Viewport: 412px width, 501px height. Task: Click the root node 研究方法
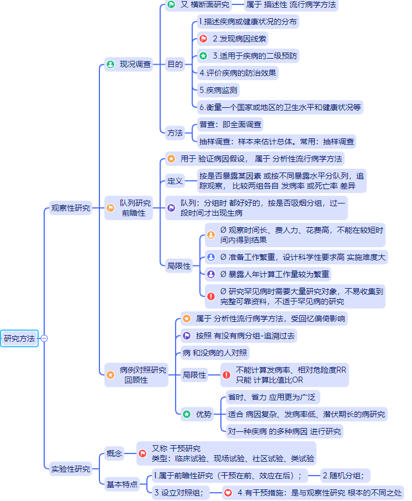pyautogui.click(x=19, y=338)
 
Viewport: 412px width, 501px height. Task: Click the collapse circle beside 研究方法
pyautogui.click(x=44, y=338)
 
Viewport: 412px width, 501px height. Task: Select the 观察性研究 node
pyautogui.click(x=71, y=208)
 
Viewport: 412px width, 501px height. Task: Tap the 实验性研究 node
pyautogui.click(x=71, y=469)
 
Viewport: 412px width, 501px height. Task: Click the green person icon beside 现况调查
pyautogui.click(x=110, y=65)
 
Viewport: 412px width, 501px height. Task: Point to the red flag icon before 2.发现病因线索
pyautogui.click(x=203, y=39)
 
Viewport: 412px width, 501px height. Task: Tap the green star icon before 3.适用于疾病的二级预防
pyautogui.click(x=203, y=56)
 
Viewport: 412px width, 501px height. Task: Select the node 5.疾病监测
pyautogui.click(x=219, y=90)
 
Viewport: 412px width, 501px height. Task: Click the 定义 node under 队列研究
pyautogui.click(x=175, y=181)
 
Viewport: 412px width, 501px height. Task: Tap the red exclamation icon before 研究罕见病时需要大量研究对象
pyautogui.click(x=210, y=296)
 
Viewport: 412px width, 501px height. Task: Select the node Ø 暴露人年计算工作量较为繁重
pyautogui.click(x=275, y=274)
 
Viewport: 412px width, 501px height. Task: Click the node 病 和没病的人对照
pyautogui.click(x=215, y=353)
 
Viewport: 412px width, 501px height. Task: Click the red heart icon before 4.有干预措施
pyautogui.click(x=228, y=492)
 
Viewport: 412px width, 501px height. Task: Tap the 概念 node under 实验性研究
pyautogui.click(x=114, y=453)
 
